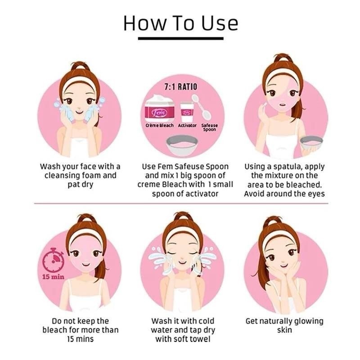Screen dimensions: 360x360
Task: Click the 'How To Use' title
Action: (181, 23)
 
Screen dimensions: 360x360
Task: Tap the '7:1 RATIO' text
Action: (181, 87)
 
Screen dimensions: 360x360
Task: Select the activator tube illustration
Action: (187, 112)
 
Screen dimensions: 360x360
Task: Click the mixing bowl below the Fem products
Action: (182, 145)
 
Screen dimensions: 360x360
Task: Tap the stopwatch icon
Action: (54, 260)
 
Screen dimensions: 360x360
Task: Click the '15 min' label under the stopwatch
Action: (53, 277)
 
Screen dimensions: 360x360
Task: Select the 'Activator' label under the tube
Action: (187, 126)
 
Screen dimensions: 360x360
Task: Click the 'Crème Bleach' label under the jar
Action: (160, 126)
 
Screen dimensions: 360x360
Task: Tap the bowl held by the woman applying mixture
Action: (311, 143)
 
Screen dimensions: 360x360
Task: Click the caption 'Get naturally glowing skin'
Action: (284, 325)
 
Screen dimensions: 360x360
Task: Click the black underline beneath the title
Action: (181, 39)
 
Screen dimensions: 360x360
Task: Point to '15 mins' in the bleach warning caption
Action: (81, 339)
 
